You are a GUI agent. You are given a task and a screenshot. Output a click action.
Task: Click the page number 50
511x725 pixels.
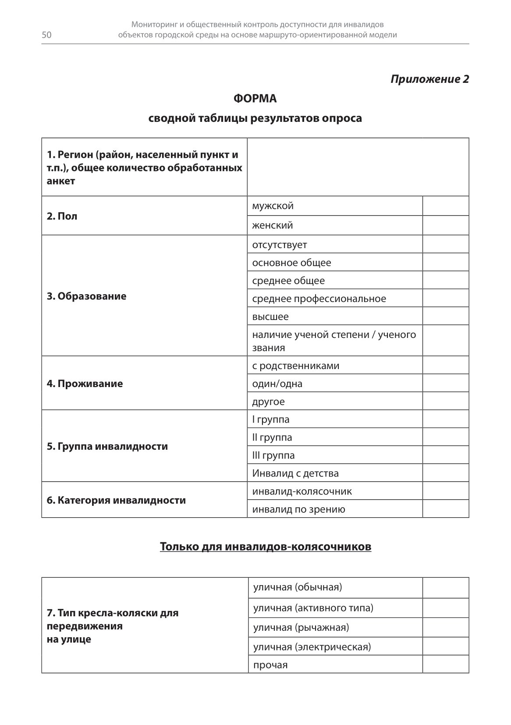coord(46,36)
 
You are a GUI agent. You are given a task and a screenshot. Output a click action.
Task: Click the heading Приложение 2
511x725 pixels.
coord(429,79)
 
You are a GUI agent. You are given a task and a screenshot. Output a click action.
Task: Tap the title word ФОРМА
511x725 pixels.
coord(255,99)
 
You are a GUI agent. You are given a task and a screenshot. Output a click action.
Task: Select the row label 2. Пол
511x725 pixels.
coord(62,216)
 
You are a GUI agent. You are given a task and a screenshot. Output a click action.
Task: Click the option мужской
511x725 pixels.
coord(273,206)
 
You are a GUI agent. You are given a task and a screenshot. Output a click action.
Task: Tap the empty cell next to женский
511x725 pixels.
coord(445,226)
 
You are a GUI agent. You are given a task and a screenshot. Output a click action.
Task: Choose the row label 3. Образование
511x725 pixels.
coord(86,296)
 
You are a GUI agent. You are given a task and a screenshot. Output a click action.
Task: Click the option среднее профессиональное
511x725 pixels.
coord(319,299)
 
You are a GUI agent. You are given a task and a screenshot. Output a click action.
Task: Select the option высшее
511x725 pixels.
coord(270,317)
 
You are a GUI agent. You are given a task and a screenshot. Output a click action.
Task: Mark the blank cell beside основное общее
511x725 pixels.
coord(445,263)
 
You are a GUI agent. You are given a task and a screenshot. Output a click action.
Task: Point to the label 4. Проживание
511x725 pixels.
coord(85,384)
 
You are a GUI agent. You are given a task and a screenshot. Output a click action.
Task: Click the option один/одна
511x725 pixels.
coord(277,384)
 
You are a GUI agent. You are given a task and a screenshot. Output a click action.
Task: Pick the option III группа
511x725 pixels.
coord(273,455)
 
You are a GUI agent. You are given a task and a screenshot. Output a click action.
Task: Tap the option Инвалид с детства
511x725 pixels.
coord(295,473)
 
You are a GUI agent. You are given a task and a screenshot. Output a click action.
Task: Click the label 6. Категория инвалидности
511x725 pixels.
coord(116,501)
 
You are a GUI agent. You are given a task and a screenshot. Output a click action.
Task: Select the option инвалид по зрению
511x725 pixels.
coord(298,509)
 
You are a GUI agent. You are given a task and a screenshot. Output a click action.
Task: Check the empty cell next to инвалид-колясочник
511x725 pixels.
coord(445,491)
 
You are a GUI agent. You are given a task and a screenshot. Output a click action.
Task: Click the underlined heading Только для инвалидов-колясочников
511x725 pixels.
coord(265,547)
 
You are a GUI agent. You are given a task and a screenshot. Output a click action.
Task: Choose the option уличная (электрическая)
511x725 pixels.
coord(312,647)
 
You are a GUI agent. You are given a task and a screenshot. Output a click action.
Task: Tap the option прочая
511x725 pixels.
coord(270,665)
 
